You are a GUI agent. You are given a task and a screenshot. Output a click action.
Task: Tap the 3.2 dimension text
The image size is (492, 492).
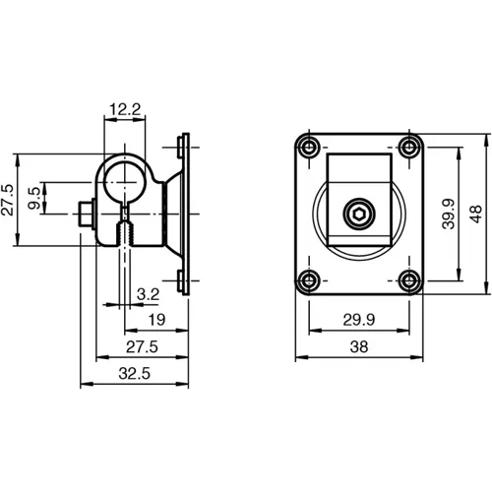pyautogui.click(x=148, y=293)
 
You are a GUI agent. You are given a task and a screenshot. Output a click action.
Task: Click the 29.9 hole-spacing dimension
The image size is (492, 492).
pyautogui.click(x=359, y=320)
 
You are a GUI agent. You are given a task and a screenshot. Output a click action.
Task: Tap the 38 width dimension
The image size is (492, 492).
pyautogui.click(x=359, y=347)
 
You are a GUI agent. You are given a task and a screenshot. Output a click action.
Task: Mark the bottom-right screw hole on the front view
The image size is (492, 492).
pyautogui.click(x=407, y=279)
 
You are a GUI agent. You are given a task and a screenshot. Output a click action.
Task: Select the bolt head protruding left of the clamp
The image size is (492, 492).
pyautogui.click(x=87, y=214)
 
